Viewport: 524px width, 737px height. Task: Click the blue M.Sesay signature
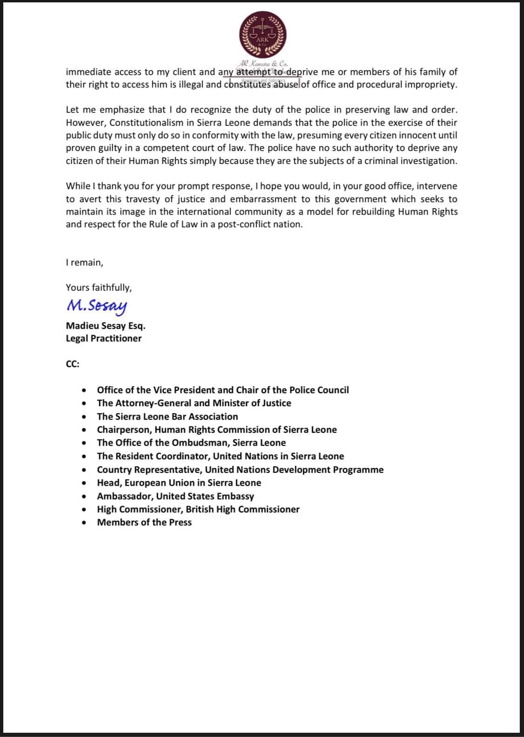[x=96, y=306]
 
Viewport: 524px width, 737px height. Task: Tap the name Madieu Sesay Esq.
[x=105, y=326]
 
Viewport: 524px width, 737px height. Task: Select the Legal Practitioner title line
[x=103, y=338]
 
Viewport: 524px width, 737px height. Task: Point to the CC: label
[x=73, y=364]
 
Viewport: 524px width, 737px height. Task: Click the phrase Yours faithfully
[x=98, y=287]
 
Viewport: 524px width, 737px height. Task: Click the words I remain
[x=84, y=262]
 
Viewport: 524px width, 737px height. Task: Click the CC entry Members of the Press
[x=144, y=522]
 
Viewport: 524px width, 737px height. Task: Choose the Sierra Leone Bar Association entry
[x=167, y=416]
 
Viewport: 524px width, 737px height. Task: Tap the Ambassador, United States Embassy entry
[x=175, y=496]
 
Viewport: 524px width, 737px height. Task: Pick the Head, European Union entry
[x=179, y=483]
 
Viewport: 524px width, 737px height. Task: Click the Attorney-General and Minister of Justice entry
[x=194, y=403]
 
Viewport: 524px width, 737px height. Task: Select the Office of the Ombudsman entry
[x=191, y=443]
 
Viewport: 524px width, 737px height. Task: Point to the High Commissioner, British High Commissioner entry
[x=198, y=509]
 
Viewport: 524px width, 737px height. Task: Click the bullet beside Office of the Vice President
[x=84, y=390]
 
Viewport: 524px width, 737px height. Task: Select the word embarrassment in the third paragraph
[x=262, y=199]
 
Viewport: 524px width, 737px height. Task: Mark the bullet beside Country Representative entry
[x=84, y=470]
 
